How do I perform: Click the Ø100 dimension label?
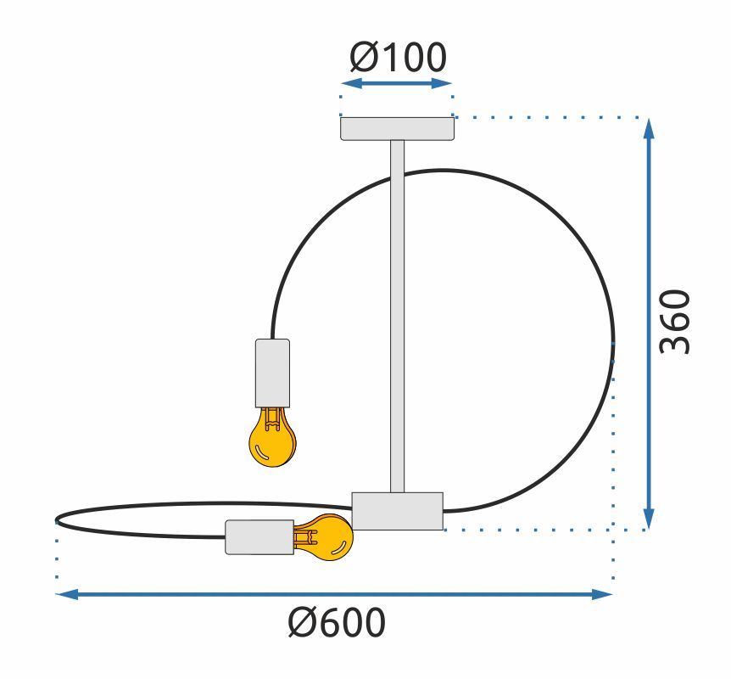point(398,58)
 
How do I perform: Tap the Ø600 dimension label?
point(337,622)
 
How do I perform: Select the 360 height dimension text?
point(674,322)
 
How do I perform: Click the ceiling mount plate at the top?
point(397,129)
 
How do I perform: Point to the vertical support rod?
point(397,317)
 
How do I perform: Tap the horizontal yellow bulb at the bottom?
point(323,537)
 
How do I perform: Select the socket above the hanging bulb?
point(273,373)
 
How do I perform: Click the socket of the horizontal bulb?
point(259,537)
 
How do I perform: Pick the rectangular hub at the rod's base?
point(397,511)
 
